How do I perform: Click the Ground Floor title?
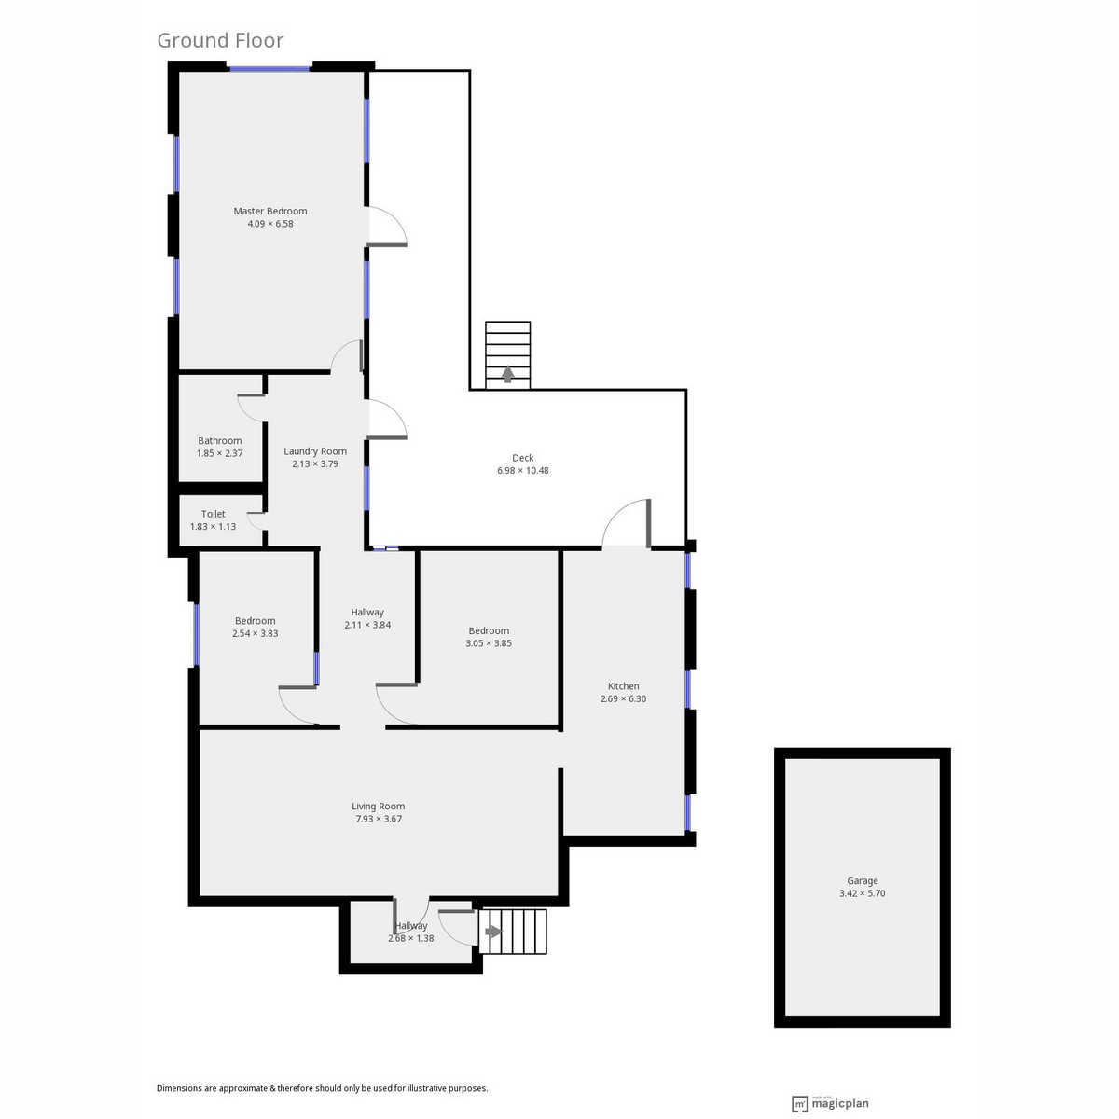(220, 41)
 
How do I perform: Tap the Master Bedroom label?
(270, 211)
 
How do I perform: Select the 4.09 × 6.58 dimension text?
(270, 224)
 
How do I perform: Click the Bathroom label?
(219, 441)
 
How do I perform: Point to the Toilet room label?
(214, 514)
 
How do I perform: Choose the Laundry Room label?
(315, 451)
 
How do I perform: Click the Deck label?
(522, 458)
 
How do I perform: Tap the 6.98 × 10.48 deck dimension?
(522, 470)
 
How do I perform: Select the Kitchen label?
(623, 685)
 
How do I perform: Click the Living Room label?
(378, 806)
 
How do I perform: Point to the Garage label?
(862, 881)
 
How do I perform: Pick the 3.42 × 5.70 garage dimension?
(862, 893)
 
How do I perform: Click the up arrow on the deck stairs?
(507, 374)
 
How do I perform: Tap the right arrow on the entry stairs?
(493, 932)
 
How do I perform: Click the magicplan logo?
(830, 1103)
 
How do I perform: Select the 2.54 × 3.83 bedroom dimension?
(255, 633)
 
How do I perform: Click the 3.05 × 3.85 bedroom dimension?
(489, 643)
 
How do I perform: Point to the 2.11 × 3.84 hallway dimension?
(367, 625)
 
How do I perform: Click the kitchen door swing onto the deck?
(615, 512)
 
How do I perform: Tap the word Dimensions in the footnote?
(180, 1088)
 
